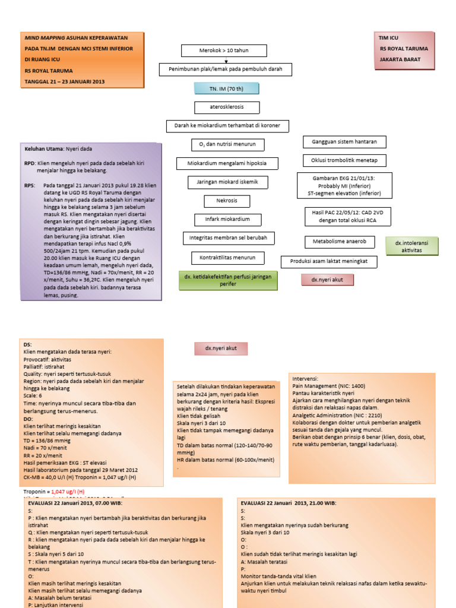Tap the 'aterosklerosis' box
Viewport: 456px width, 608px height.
pyautogui.click(x=218, y=107)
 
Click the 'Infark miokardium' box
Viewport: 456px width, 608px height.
pyautogui.click(x=219, y=220)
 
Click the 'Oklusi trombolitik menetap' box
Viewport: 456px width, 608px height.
pyautogui.click(x=344, y=160)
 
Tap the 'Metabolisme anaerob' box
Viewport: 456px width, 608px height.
pyautogui.click(x=340, y=242)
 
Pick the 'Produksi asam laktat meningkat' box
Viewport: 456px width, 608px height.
pyautogui.click(x=328, y=261)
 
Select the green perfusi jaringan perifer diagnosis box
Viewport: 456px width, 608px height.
pyautogui.click(x=228, y=280)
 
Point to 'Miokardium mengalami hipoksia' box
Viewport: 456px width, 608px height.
pyautogui.click(x=222, y=163)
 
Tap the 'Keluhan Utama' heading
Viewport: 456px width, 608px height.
pyautogui.click(x=43, y=148)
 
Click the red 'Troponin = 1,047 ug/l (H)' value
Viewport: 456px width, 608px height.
pyautogui.click(x=68, y=492)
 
